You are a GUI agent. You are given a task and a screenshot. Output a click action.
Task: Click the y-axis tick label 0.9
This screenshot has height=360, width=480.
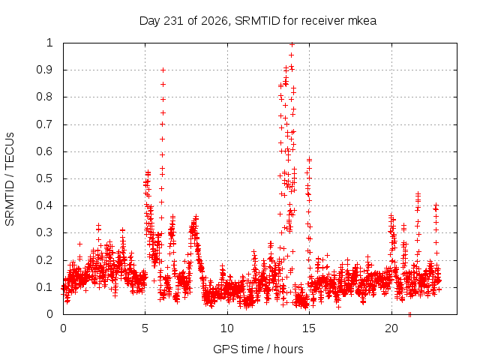45,70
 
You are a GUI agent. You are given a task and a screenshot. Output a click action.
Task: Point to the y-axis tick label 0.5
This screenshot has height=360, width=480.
45,178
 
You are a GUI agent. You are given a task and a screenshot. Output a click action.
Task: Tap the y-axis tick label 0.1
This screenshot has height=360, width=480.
45,287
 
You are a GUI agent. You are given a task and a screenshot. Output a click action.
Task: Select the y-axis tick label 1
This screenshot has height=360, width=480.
50,43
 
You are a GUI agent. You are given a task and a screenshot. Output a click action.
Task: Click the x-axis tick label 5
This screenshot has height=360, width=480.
145,328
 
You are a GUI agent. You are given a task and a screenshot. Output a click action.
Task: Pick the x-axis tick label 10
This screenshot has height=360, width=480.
227,328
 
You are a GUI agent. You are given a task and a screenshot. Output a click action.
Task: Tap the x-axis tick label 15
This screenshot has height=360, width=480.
309,328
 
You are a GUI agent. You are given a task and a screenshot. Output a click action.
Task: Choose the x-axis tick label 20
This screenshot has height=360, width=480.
391,328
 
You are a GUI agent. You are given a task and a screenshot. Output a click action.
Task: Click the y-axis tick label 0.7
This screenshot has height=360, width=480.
45,124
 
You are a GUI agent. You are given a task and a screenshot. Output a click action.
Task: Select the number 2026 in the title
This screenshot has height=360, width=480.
214,21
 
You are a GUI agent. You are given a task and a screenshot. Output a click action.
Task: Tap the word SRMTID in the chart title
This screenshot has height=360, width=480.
257,21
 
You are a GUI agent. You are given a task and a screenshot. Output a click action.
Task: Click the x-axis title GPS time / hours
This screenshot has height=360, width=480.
258,349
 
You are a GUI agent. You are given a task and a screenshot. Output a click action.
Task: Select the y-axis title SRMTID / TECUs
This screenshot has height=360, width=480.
10,179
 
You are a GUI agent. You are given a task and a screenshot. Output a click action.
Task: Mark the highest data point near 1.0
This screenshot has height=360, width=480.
292,45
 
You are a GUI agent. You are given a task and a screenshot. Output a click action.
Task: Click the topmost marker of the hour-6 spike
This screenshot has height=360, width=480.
163,70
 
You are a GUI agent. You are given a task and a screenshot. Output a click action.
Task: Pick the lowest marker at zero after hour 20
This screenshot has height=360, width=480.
409,314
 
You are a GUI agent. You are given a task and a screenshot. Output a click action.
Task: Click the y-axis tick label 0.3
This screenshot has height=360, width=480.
45,232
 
